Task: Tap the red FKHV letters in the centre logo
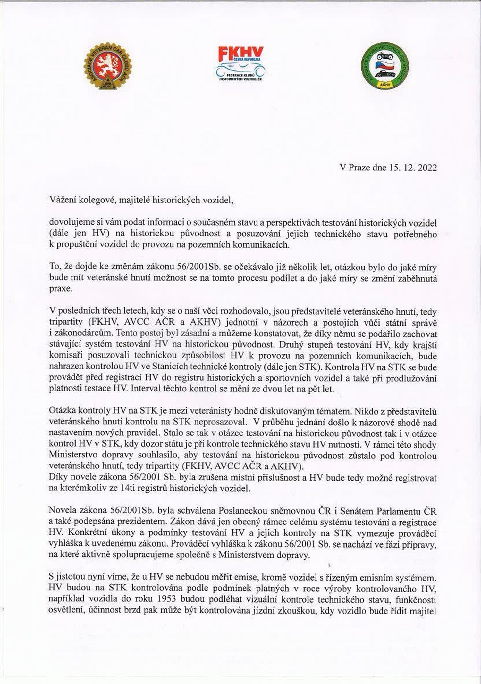point(241,53)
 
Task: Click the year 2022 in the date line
point(427,168)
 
